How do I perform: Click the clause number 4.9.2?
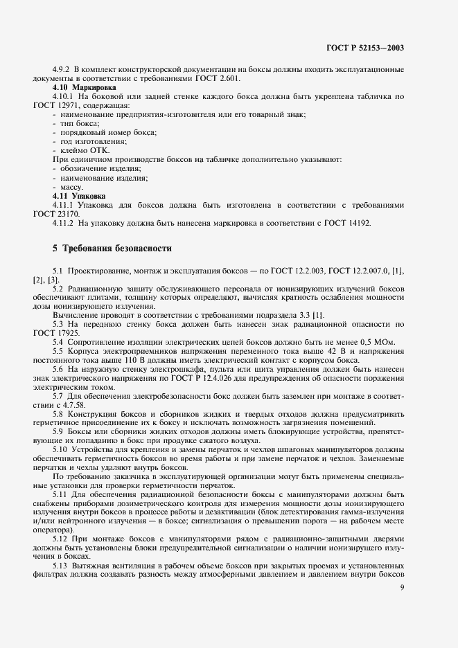(x=62, y=70)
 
